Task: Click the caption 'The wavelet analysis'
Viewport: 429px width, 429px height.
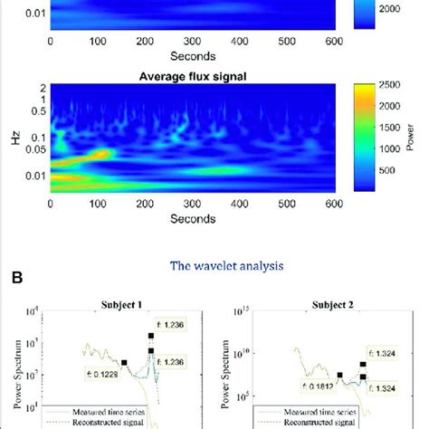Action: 214,266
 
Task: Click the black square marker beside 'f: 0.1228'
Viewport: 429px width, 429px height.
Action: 124,364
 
